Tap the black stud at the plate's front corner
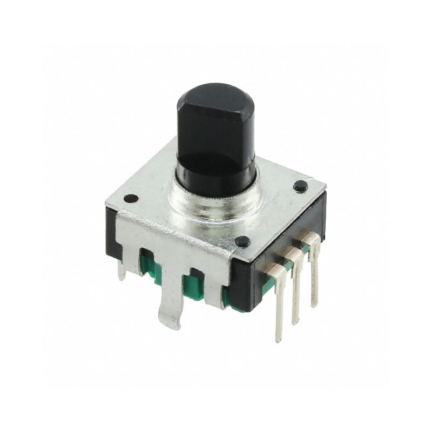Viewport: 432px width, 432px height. click(x=243, y=241)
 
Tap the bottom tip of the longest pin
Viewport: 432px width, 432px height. click(x=279, y=339)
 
